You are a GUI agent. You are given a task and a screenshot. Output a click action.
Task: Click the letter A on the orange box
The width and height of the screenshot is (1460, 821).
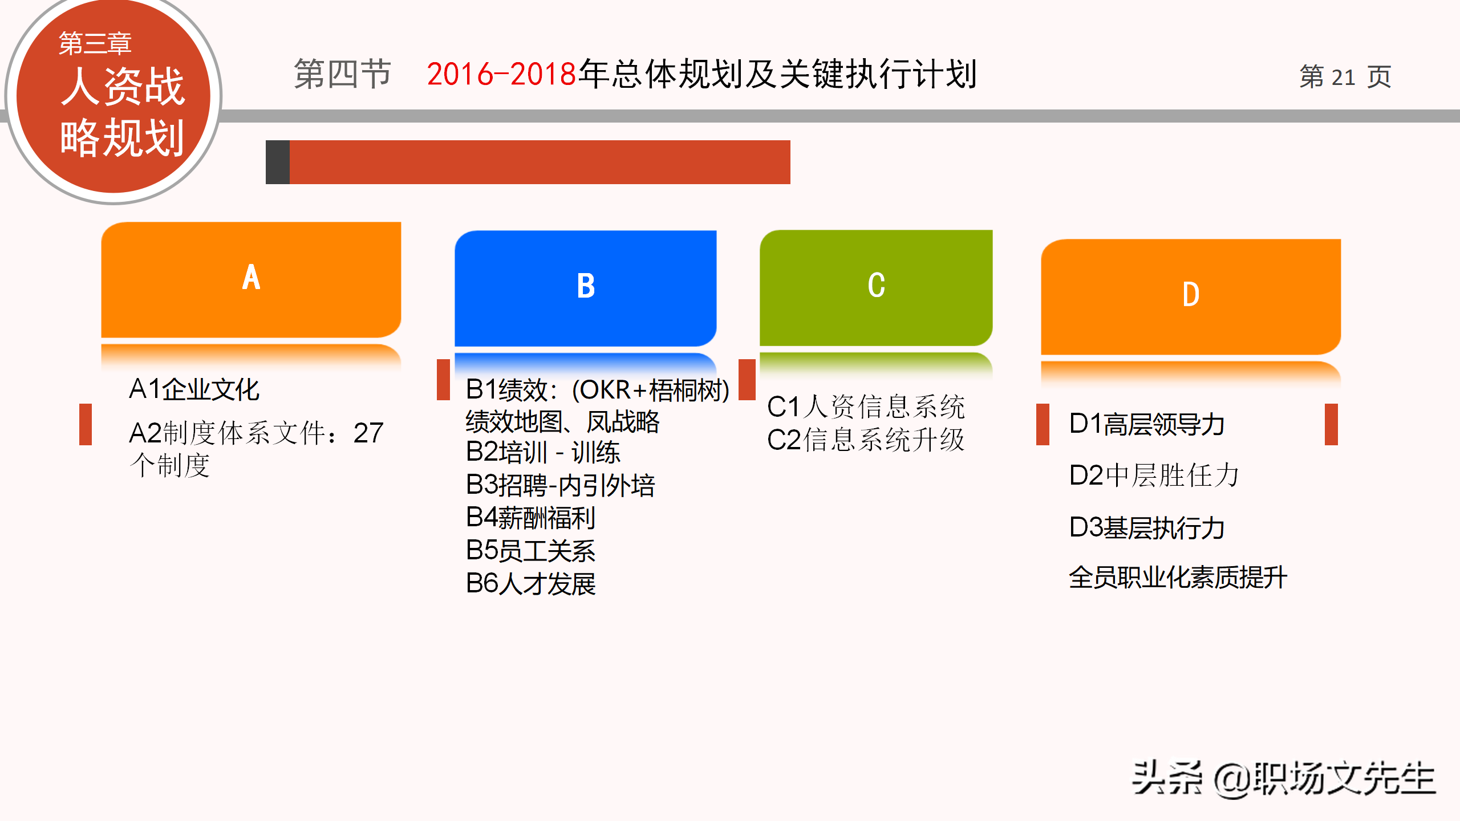(x=251, y=278)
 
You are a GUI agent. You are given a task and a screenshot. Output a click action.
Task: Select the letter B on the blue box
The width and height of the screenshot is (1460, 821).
(x=586, y=286)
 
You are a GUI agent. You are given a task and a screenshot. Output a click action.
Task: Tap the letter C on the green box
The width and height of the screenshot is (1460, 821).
(x=877, y=285)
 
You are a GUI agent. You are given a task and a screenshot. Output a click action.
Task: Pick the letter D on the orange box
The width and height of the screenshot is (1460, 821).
(x=1191, y=295)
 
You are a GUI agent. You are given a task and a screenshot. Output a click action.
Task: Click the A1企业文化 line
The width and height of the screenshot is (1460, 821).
(x=194, y=389)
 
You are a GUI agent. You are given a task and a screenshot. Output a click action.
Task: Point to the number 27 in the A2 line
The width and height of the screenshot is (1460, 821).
(x=368, y=433)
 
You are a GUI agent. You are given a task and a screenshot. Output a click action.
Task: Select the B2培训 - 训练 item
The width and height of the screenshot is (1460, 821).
(x=543, y=453)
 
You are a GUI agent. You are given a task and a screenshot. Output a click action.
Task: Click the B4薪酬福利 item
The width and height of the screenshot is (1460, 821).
(x=530, y=518)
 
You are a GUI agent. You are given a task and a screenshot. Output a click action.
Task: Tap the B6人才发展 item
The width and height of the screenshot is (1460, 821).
(x=530, y=583)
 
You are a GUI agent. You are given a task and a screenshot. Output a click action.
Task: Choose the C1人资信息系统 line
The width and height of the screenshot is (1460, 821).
(x=866, y=407)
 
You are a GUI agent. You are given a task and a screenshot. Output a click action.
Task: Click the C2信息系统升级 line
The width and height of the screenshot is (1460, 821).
(x=866, y=440)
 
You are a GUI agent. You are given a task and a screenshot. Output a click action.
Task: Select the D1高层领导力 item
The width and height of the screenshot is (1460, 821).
(x=1147, y=424)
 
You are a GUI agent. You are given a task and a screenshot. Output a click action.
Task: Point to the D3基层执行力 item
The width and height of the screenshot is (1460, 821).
(x=1147, y=528)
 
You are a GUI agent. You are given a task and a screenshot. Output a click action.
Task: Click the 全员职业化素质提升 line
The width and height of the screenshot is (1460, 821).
(x=1178, y=577)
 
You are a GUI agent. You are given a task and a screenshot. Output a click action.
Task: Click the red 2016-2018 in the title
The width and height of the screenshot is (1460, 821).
(x=502, y=74)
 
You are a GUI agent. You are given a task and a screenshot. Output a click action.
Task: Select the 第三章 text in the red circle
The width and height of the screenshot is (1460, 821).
(x=95, y=43)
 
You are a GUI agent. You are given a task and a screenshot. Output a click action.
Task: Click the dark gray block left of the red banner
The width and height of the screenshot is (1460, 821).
(x=278, y=162)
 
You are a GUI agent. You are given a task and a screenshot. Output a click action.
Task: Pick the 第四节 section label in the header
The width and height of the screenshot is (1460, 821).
(x=343, y=74)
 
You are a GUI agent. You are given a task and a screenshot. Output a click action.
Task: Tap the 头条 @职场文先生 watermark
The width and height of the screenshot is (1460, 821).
(x=1283, y=778)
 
